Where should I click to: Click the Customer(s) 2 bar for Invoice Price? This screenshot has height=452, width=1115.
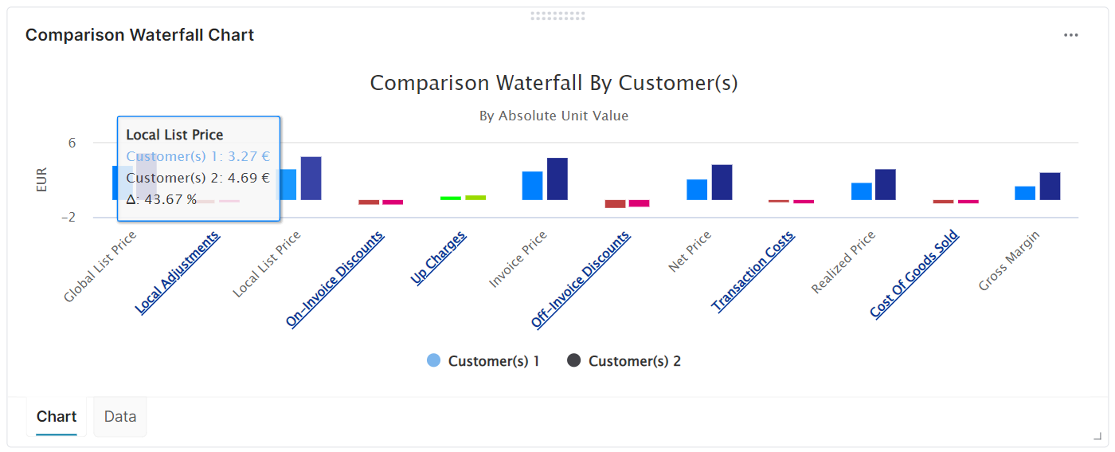557,179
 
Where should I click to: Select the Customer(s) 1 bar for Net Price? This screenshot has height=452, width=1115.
697,190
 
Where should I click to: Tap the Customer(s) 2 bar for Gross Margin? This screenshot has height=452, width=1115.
1050,186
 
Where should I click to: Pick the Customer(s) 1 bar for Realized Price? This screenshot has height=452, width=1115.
862,191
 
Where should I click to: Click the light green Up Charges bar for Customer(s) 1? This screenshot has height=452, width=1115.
451,198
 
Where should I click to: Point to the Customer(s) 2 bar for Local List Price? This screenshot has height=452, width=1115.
311,178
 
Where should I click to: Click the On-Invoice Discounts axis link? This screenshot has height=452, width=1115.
335,279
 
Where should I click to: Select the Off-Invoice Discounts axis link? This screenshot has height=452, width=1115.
581,279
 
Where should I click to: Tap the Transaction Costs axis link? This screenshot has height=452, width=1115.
753,271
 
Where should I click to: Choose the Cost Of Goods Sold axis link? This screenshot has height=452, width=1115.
914,274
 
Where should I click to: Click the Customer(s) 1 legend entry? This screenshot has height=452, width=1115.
483,361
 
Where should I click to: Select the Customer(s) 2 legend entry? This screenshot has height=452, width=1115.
624,361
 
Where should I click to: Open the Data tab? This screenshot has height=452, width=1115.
120,416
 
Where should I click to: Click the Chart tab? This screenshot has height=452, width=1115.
57,416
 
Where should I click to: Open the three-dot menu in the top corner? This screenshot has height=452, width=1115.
1071,35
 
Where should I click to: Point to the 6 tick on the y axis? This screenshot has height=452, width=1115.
72,143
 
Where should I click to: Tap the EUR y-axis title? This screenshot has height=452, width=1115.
41,179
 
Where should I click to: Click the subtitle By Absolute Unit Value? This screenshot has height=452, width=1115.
554,116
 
